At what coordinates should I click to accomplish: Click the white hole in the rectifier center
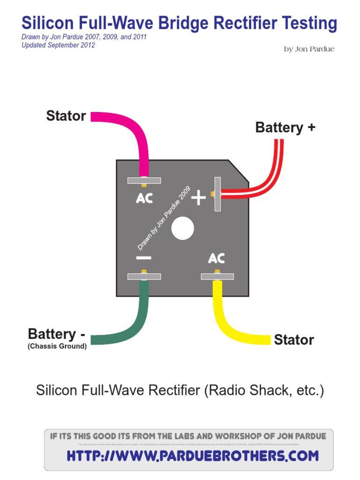click(x=182, y=228)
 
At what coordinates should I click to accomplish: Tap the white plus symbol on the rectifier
click(x=198, y=198)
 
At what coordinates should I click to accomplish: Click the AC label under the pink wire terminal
click(x=144, y=199)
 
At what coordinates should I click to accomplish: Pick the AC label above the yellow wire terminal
click(x=217, y=258)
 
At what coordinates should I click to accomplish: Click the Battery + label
click(x=285, y=127)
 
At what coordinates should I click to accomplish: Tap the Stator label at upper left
click(x=66, y=116)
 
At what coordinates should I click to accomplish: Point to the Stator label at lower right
click(x=294, y=340)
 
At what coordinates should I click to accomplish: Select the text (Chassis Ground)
click(x=57, y=347)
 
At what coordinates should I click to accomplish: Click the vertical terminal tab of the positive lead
click(x=217, y=194)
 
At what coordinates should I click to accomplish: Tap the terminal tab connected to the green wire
click(x=144, y=277)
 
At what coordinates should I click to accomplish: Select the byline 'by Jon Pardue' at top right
click(x=309, y=49)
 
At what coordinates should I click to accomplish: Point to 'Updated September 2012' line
click(x=58, y=45)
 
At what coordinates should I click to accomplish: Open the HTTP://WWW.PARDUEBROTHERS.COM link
click(x=193, y=455)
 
